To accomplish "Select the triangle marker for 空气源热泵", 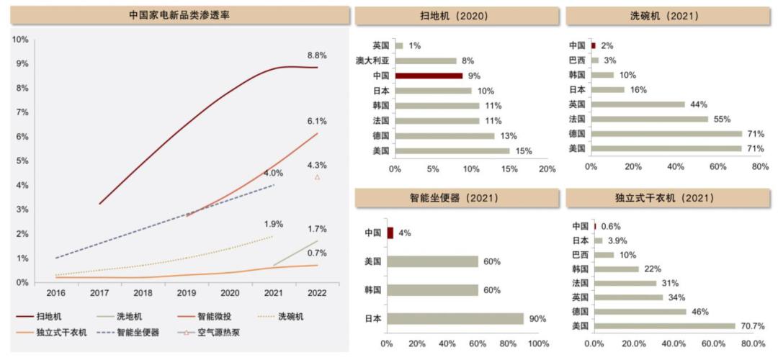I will coord(318,177).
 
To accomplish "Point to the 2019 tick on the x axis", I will coord(187,293).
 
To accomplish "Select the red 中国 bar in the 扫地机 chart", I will coord(429,76).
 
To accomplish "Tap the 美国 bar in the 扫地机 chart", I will coord(452,150).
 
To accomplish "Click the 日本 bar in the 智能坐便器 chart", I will coord(455,318).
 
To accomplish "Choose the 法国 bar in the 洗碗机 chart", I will coord(649,119).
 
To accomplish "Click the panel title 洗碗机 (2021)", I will coord(668,15).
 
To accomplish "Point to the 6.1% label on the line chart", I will coord(318,121).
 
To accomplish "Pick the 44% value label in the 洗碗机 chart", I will coord(699,104).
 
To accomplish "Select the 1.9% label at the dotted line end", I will coord(274,223).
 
